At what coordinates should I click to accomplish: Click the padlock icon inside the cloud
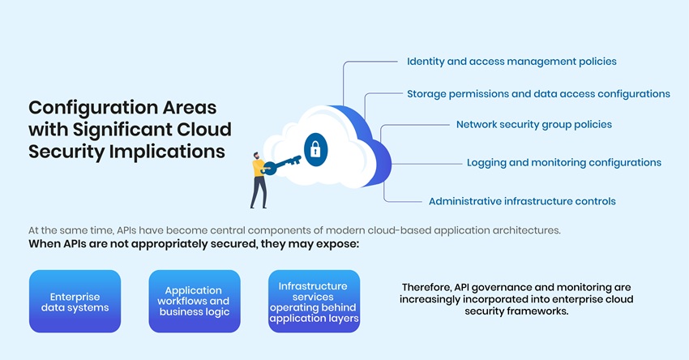click(315, 148)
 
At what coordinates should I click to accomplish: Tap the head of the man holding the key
click(256, 156)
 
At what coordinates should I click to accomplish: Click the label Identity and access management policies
click(511, 62)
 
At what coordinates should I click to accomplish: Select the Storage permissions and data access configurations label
click(538, 94)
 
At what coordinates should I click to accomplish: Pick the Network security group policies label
click(533, 125)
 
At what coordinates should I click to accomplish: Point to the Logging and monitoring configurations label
click(563, 162)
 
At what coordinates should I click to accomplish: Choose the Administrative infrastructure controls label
click(522, 201)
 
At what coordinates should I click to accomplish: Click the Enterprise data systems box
click(75, 302)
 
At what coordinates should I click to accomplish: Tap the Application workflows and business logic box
click(195, 302)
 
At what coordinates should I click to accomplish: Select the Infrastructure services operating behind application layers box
click(314, 302)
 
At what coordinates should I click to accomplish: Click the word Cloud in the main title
click(204, 130)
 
